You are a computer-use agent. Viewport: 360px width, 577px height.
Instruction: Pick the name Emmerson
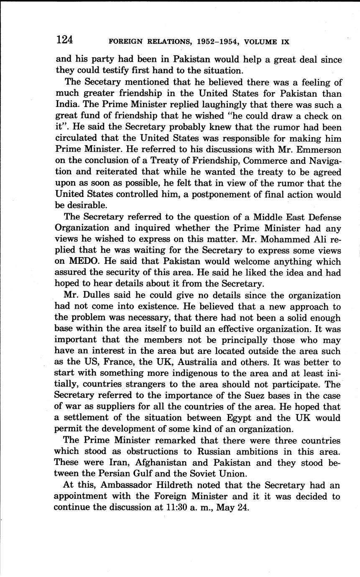(319, 149)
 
